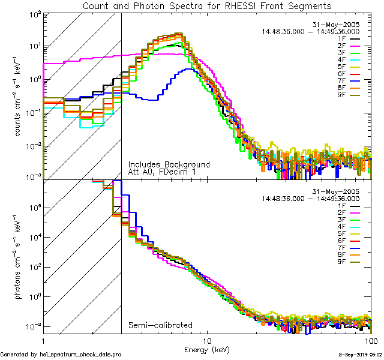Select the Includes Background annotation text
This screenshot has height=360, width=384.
(169, 164)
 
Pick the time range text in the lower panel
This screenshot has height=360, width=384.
(310, 198)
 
